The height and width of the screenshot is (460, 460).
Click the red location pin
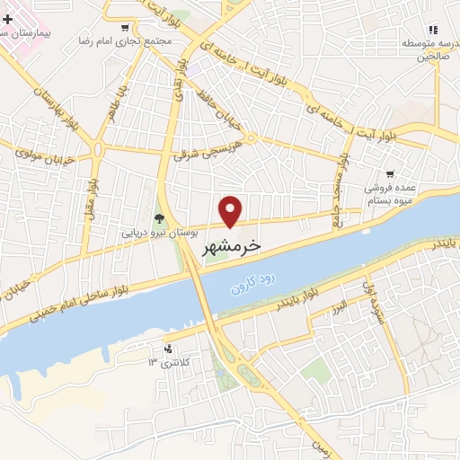(x=232, y=210)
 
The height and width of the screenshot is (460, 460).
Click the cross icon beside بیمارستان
(x=8, y=18)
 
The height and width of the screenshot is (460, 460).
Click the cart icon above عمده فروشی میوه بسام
(x=390, y=174)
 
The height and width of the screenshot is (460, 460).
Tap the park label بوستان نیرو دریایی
(x=158, y=232)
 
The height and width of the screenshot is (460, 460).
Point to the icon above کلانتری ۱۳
(x=167, y=347)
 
